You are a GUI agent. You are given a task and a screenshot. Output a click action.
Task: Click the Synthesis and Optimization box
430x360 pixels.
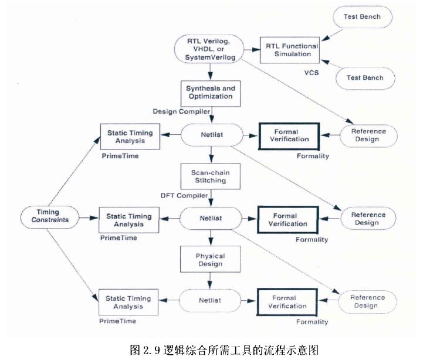tap(209, 91)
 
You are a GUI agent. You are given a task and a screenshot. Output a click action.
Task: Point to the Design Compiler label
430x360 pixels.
tap(182, 110)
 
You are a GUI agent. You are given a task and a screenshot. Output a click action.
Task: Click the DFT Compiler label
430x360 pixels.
tap(185, 194)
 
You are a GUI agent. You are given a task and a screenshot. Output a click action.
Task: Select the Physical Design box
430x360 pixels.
tap(209, 260)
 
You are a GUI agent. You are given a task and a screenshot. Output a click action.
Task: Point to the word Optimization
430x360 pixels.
tap(209, 96)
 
